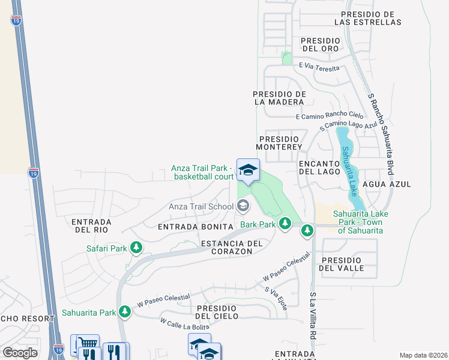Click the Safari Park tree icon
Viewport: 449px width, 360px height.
click(x=136, y=247)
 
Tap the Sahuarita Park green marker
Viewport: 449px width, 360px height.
click(x=124, y=312)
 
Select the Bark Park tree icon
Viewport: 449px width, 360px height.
click(x=286, y=224)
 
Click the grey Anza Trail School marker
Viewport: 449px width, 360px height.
click(x=243, y=206)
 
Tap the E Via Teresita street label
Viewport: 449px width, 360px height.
click(x=316, y=68)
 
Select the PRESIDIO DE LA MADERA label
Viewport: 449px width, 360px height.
click(x=280, y=98)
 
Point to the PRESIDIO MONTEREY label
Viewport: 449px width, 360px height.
click(x=279, y=142)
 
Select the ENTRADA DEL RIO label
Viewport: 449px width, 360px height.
click(x=89, y=226)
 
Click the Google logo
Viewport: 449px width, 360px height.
click(x=20, y=352)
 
